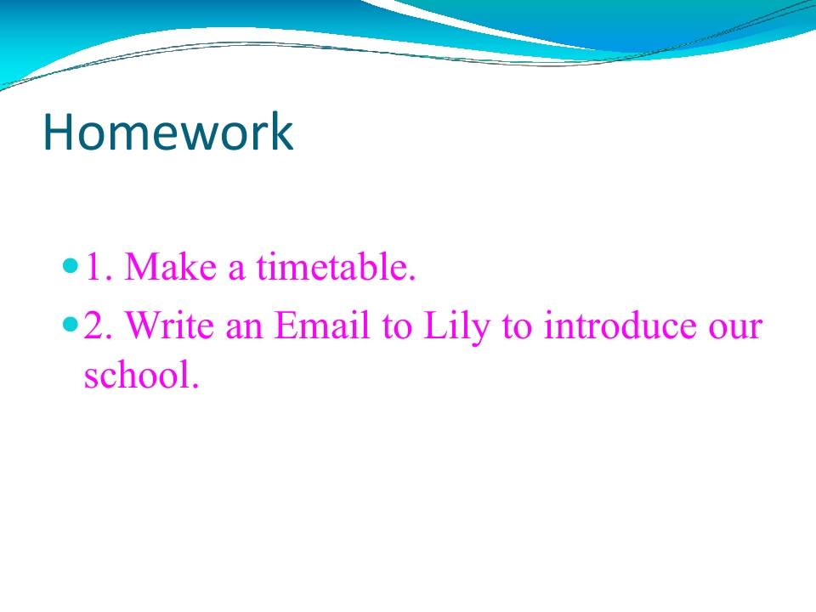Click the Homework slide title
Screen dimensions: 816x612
tap(168, 132)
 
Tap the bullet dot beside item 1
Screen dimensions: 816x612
tap(70, 266)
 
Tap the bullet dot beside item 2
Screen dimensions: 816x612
tap(70, 325)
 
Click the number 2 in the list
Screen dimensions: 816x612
tap(97, 326)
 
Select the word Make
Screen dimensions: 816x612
tap(171, 266)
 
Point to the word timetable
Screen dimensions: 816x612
tap(336, 266)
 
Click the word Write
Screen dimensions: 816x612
tap(170, 325)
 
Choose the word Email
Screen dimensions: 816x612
tap(322, 325)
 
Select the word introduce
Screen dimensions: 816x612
tap(620, 325)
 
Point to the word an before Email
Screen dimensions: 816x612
tap(244, 328)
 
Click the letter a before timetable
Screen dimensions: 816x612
tap(236, 269)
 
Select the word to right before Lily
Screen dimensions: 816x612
tap(397, 326)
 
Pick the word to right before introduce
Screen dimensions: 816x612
tap(518, 326)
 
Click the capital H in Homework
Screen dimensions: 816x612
tap(57, 133)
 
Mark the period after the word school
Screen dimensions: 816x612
tap(195, 386)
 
